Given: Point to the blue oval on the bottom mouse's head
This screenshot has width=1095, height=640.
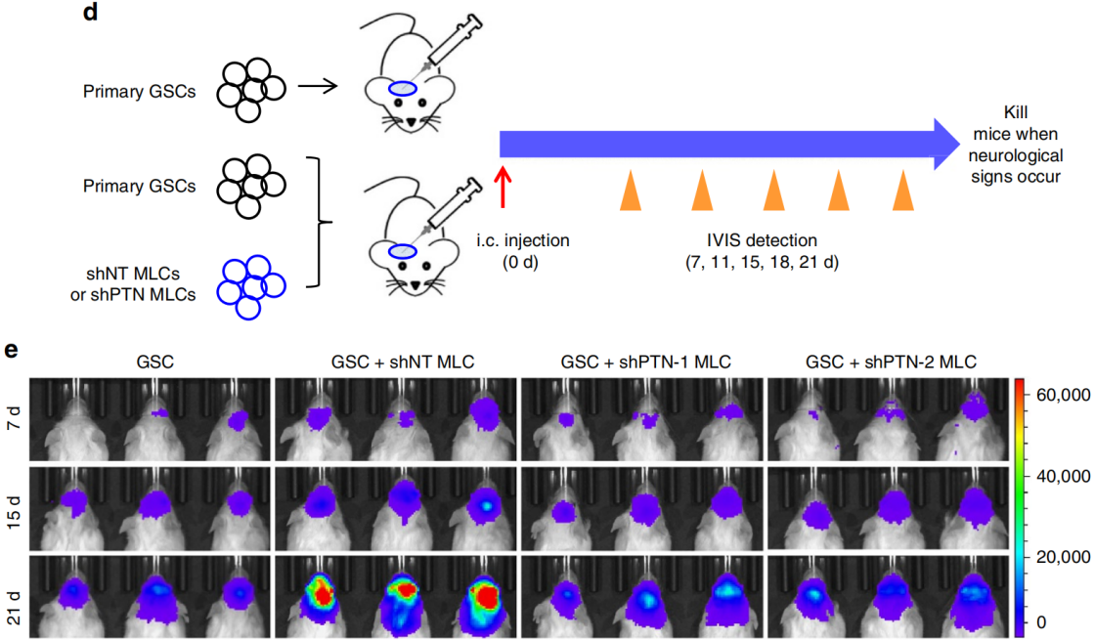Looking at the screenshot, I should (404, 252).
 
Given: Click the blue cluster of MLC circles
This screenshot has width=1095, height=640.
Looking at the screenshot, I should (250, 284).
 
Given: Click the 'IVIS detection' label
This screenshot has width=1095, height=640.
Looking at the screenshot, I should (765, 239).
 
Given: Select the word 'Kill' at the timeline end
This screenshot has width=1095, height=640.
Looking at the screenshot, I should (1017, 114).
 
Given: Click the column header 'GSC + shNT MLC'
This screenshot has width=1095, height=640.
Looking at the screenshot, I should (396, 362).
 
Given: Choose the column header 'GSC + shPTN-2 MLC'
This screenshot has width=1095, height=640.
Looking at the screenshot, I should (891, 362).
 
